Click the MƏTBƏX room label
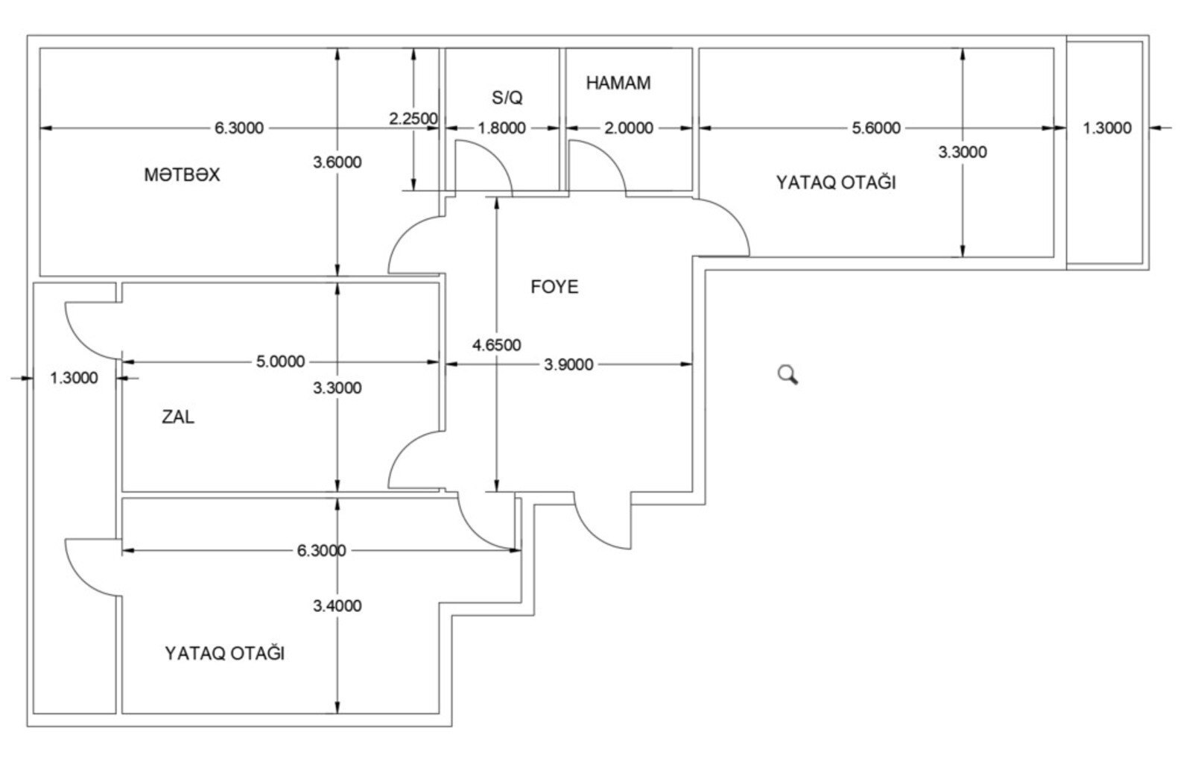pos(182,174)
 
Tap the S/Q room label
pos(507,98)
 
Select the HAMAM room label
pos(618,83)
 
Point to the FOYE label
pos(554,287)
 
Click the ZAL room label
pos(178,417)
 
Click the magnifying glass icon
pos(787,375)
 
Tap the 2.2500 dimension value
pos(413,119)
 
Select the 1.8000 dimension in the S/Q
pos(501,128)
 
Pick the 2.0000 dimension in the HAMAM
pos(629,128)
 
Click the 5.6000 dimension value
pos(876,128)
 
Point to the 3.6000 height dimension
pos(337,162)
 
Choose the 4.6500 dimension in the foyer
pos(496,345)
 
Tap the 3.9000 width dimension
pos(568,364)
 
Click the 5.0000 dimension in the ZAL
pos(280,362)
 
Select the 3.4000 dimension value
pos(337,606)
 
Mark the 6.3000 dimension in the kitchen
pos(239,128)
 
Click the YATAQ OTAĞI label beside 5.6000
pos(835,183)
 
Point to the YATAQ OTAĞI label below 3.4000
pos(224,654)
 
